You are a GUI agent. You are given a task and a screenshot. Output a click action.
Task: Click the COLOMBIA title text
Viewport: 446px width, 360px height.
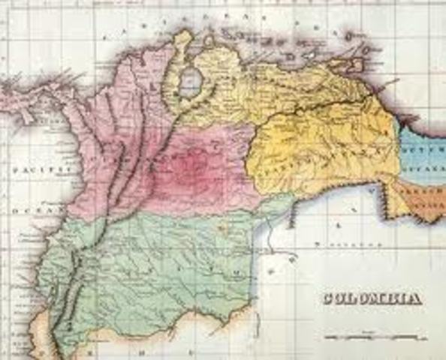point(372,298)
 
